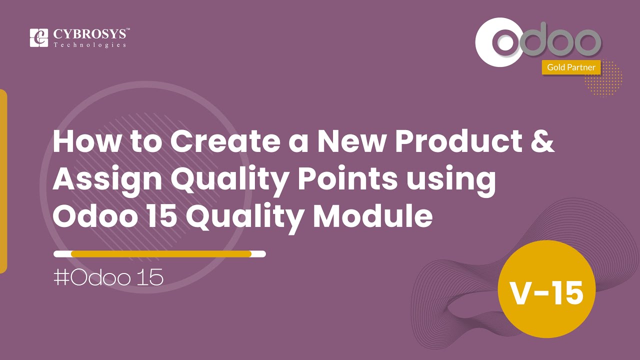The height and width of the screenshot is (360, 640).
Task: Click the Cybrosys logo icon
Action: pyautogui.click(x=39, y=38)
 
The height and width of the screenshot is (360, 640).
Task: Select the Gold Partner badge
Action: pyautogui.click(x=571, y=67)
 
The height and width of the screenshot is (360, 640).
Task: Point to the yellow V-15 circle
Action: pyautogui.click(x=546, y=292)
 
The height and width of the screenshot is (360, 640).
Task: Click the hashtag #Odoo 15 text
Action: pyautogui.click(x=108, y=278)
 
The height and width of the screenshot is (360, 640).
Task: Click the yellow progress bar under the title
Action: pyautogui.click(x=160, y=253)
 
